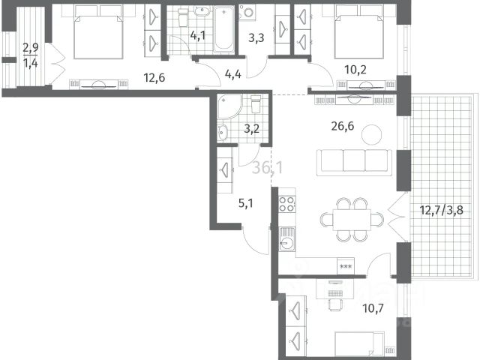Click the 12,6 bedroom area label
tap(154, 78)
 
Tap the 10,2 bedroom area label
tap(355, 70)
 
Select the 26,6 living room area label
tap(343, 126)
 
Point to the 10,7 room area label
tap(373, 308)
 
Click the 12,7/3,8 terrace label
tap(441, 211)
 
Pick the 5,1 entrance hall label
tap(245, 203)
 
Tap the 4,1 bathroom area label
tap(197, 35)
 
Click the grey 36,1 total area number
tap(268, 168)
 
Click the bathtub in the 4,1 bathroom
tap(223, 29)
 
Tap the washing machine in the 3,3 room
tap(247, 13)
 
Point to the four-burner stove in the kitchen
tap(287, 204)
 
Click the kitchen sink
tap(287, 239)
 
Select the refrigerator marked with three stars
tap(346, 266)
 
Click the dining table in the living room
tap(352, 220)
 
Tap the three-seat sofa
tap(354, 162)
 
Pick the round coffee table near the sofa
tap(372, 134)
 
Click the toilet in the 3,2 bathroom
tap(256, 103)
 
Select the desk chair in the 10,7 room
tap(334, 304)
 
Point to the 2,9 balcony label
tap(31, 48)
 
